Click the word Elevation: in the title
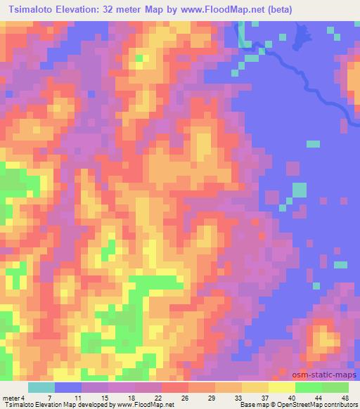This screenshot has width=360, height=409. click(84, 10)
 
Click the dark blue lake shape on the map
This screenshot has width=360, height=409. click(302, 32)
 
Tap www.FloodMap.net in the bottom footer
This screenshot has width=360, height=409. click(143, 405)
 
